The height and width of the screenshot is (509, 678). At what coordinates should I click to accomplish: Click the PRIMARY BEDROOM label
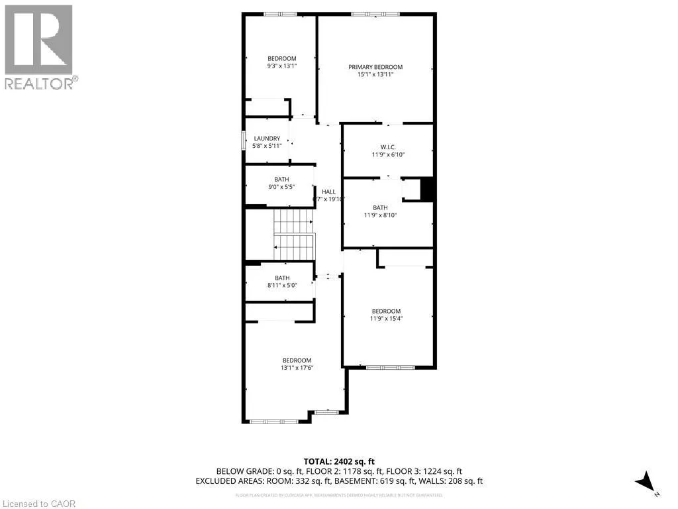click(x=375, y=67)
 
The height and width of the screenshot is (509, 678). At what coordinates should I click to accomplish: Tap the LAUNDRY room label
click(x=267, y=138)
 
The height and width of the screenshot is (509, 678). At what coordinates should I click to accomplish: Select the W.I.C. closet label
click(x=387, y=146)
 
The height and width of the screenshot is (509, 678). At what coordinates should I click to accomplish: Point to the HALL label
click(x=328, y=192)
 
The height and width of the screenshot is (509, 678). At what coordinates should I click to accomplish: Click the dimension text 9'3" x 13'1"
click(x=281, y=66)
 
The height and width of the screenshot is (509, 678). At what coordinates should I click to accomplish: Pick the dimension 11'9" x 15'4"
click(x=386, y=319)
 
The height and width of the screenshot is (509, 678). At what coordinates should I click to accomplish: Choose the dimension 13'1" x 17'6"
click(x=295, y=368)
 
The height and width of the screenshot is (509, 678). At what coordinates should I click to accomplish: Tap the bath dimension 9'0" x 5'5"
click(x=281, y=187)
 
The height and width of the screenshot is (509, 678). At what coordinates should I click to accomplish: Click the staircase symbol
click(x=293, y=235)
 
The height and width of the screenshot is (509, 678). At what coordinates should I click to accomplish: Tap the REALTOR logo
click(x=40, y=47)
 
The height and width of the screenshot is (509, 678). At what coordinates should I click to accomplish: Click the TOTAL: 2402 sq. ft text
click(x=339, y=461)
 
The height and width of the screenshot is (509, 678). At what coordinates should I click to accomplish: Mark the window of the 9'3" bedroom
click(x=281, y=14)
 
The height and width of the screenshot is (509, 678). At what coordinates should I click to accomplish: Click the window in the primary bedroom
click(x=375, y=14)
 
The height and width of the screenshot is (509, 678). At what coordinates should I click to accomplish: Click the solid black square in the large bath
click(x=427, y=190)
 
